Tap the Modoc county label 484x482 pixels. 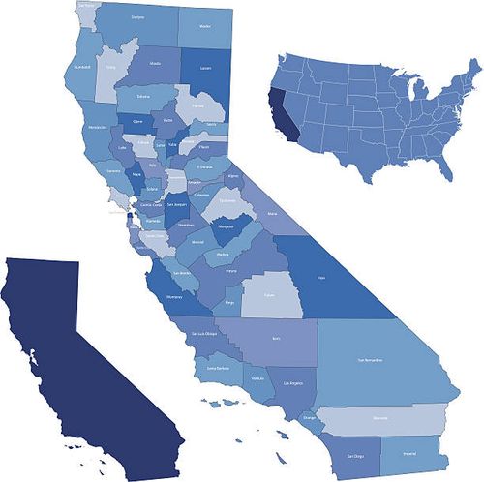(x=204, y=27)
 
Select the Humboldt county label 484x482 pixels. (x=83, y=68)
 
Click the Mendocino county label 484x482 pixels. (x=98, y=127)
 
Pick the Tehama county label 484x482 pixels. (x=143, y=97)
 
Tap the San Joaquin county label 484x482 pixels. (x=177, y=204)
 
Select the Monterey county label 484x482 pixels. (x=174, y=297)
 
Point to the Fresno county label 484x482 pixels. (x=231, y=274)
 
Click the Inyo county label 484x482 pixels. (x=322, y=277)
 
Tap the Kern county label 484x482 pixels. (x=277, y=339)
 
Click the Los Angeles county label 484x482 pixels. (x=292, y=384)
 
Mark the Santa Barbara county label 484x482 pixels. (x=218, y=368)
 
